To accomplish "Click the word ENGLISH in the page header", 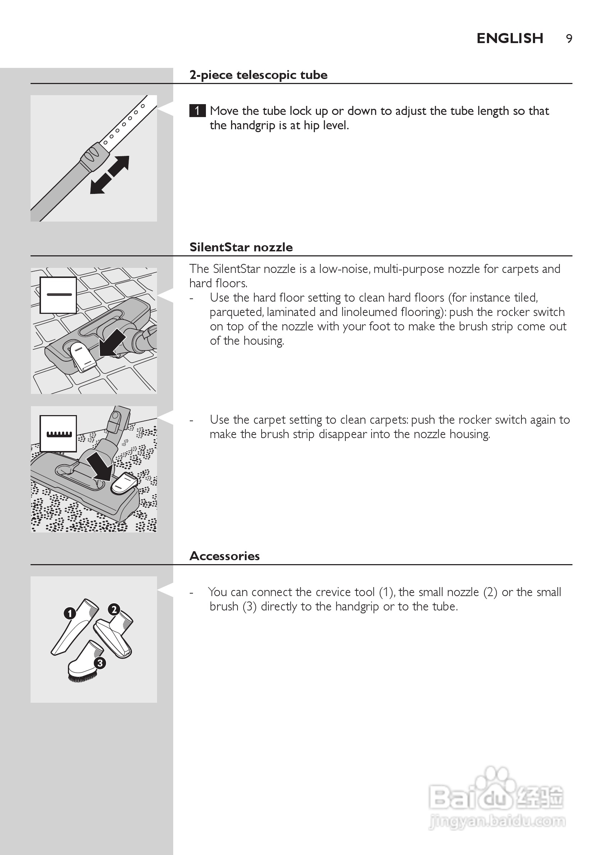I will click(x=510, y=38).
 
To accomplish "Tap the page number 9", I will click(x=569, y=39).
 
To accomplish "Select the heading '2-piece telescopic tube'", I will click(x=258, y=75).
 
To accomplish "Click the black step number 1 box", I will click(x=197, y=111).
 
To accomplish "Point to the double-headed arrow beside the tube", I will click(x=110, y=175).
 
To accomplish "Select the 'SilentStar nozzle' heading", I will click(x=241, y=247).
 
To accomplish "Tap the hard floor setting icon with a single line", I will click(x=58, y=294).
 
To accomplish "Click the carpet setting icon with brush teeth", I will click(x=58, y=433).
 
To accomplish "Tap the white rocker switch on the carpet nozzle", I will click(x=124, y=484).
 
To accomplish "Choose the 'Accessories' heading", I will click(x=224, y=556).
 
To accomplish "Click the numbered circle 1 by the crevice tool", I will click(x=70, y=613).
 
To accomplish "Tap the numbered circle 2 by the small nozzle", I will click(x=114, y=610).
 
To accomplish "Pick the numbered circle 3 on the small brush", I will click(x=100, y=663).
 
